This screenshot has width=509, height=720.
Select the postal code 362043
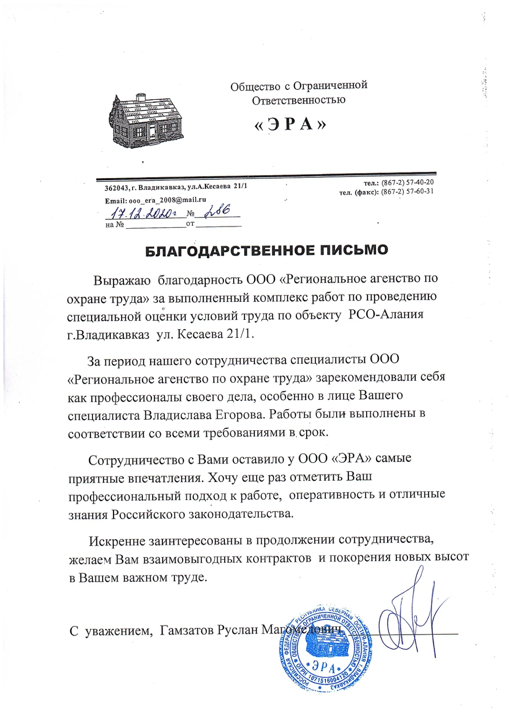point(117,188)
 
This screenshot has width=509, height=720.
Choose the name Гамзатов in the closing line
point(186,630)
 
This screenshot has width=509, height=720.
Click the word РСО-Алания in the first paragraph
point(386,315)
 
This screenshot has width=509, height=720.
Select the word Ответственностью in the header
point(298,100)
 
